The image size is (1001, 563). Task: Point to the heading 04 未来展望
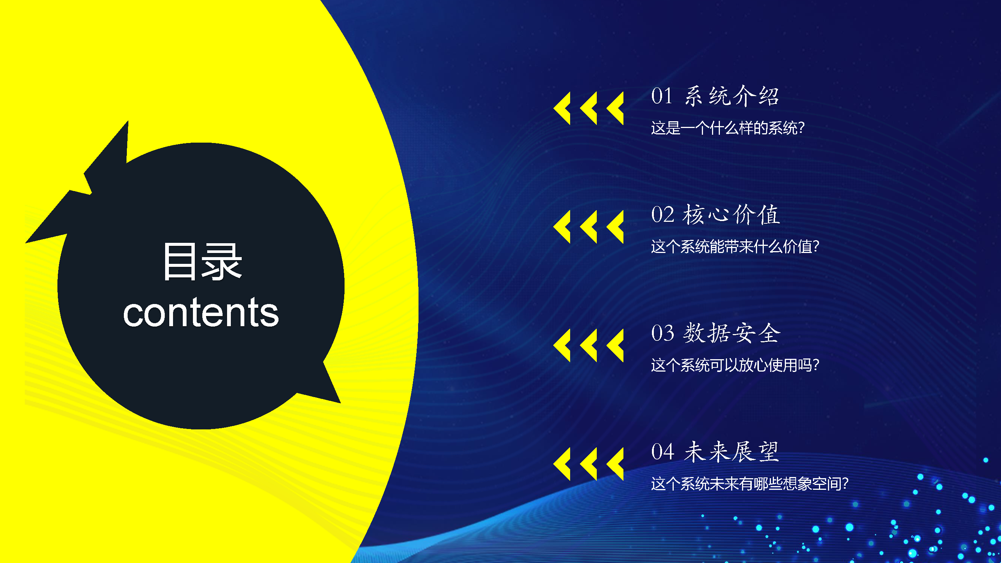click(x=715, y=452)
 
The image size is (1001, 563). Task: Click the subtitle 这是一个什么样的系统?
click(x=728, y=128)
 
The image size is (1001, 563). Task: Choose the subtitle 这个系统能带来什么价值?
click(x=735, y=246)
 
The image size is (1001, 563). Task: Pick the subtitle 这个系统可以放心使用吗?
click(x=735, y=365)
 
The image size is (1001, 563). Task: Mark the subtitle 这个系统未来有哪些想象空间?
click(x=750, y=484)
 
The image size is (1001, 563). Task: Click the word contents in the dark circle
click(x=201, y=312)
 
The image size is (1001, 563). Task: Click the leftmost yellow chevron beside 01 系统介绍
click(x=562, y=108)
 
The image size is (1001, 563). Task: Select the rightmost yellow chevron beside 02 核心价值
click(x=615, y=227)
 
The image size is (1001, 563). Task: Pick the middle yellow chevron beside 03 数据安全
click(x=588, y=345)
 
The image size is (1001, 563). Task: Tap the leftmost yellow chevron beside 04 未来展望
click(x=562, y=464)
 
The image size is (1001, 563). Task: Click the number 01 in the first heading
click(x=662, y=96)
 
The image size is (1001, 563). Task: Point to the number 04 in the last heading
click(x=662, y=452)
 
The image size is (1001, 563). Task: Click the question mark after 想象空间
click(x=844, y=484)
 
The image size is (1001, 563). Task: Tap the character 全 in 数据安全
click(x=769, y=333)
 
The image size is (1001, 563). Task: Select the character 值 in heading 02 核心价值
click(x=769, y=214)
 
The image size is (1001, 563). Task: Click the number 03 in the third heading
click(x=662, y=333)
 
